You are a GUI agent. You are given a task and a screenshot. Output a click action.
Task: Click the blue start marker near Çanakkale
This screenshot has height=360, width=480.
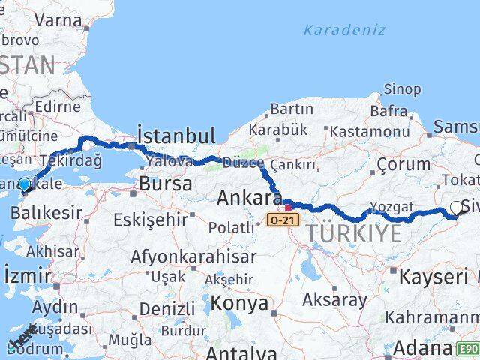coord(24,184)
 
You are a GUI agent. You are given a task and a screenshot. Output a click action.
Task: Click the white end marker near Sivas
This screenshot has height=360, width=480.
coord(456,208)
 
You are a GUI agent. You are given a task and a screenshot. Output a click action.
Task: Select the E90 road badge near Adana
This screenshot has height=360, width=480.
coord(468,349)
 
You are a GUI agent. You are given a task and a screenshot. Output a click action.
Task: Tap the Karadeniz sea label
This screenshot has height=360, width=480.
coord(345,31)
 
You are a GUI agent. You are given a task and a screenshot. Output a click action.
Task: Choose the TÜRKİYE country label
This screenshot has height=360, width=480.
coord(354,233)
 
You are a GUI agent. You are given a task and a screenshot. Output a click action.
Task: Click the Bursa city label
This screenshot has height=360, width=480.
coord(166,183)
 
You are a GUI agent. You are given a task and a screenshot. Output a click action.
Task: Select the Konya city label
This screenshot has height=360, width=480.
coord(239,303)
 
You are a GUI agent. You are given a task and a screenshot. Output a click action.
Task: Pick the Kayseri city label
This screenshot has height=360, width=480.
coord(433,276)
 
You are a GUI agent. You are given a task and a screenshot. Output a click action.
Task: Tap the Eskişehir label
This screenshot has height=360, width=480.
coord(151,220)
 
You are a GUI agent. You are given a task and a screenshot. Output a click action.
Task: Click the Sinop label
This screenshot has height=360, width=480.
coord(402,89)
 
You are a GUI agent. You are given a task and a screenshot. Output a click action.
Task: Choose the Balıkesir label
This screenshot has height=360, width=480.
coord(46,213)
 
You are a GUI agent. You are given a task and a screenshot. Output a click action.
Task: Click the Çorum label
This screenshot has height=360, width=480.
coord(402,164)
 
